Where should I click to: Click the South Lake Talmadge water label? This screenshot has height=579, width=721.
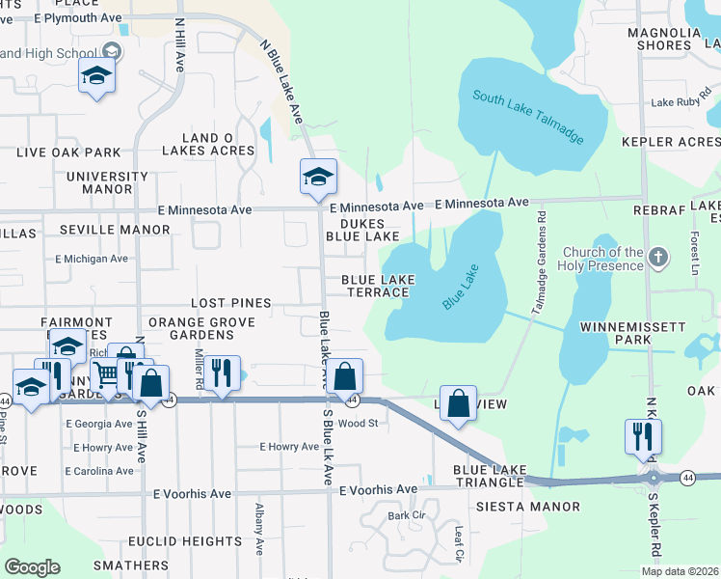point(528,116)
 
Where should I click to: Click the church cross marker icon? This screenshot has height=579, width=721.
point(657,258)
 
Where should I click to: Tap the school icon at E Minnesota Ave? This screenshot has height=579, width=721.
point(318,178)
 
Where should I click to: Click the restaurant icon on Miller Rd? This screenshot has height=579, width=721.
point(222,372)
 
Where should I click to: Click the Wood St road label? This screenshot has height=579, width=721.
point(357,423)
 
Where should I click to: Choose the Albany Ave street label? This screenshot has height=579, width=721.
point(259,529)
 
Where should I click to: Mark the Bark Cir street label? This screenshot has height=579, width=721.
point(406,515)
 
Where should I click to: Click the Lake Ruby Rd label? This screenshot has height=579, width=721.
point(680,102)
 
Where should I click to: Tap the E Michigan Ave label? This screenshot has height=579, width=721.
point(92,259)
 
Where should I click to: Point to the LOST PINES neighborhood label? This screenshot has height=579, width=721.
point(230,303)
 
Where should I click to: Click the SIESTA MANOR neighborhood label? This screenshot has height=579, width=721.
point(527,507)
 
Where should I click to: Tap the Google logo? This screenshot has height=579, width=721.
point(33,567)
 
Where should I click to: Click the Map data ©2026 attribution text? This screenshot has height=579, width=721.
point(679,571)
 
